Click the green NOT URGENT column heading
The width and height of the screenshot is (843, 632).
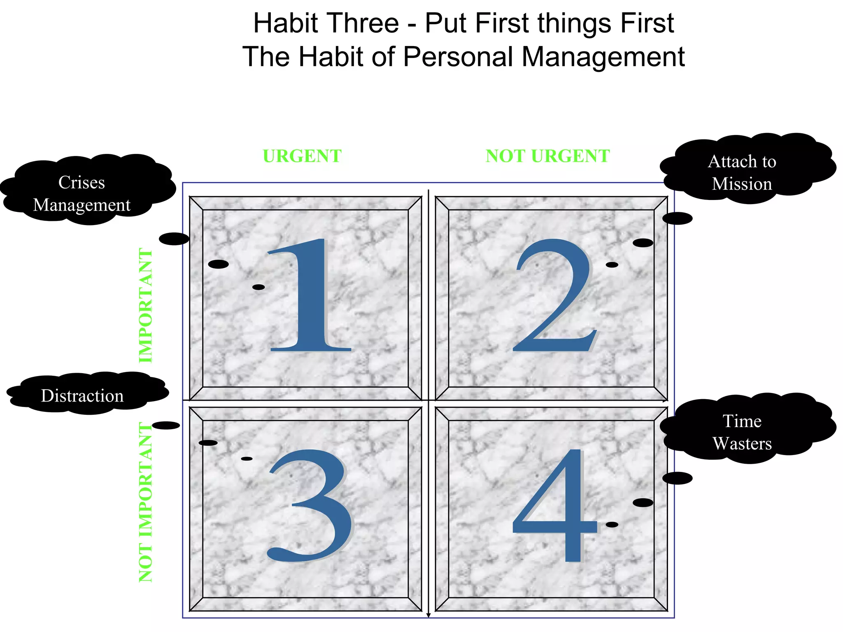click(547, 156)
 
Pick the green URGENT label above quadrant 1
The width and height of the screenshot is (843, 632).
click(302, 156)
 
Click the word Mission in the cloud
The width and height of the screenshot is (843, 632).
click(742, 184)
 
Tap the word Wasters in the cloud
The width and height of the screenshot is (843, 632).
click(742, 444)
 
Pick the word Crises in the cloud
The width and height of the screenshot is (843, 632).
click(82, 182)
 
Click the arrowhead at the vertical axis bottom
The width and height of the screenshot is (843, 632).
click(428, 615)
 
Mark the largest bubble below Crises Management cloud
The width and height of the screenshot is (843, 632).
click(174, 239)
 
